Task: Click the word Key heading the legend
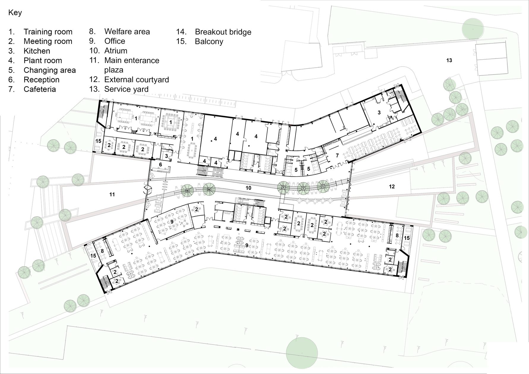(15, 13)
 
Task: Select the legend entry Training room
(48, 32)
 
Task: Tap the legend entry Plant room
(43, 61)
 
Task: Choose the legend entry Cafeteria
(39, 89)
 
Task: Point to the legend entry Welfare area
(127, 31)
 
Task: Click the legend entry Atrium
(116, 51)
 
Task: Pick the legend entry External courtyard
(137, 80)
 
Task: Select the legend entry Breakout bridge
(223, 32)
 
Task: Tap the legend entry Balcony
(209, 42)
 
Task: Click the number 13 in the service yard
(449, 61)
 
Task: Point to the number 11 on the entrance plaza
(112, 195)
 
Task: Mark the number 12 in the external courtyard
(392, 187)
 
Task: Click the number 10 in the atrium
(248, 188)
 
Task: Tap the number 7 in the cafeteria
(337, 156)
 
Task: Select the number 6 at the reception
(161, 164)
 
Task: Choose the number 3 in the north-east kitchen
(379, 113)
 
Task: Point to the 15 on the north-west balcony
(99, 141)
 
